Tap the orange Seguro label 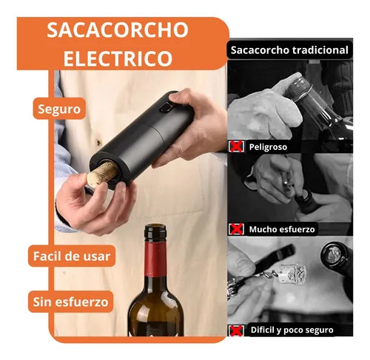[58, 109]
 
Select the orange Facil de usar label [72, 257]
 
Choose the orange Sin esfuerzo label [72, 301]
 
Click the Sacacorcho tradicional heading [289, 50]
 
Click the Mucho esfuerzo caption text [282, 228]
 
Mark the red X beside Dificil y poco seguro [237, 330]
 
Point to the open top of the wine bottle [155, 231]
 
